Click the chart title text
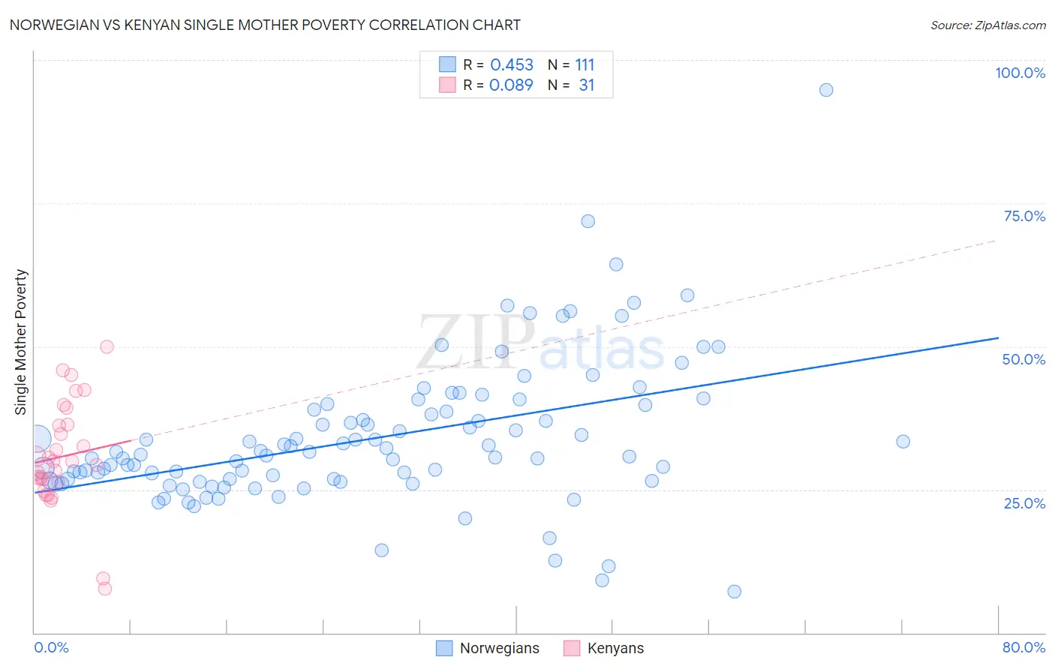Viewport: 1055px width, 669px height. click(265, 25)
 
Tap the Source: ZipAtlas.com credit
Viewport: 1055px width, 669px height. click(987, 25)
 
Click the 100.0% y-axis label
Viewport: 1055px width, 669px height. click(1020, 73)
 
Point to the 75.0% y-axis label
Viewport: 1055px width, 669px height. click(1024, 216)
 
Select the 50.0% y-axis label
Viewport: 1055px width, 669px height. click(1023, 359)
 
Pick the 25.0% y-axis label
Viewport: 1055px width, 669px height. click(1024, 503)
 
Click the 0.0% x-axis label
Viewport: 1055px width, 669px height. click(51, 647)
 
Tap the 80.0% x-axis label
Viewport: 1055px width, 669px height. click(1023, 647)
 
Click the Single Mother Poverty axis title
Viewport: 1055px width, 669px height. click(21, 342)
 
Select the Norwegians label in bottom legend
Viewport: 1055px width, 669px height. click(499, 648)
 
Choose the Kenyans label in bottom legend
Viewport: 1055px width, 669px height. click(615, 648)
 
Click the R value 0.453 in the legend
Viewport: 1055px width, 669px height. click(512, 65)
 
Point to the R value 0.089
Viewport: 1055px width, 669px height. click(511, 85)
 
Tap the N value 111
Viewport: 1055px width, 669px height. click(585, 65)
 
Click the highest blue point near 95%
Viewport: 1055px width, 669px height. click(826, 90)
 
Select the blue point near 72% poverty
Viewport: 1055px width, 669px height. click(588, 221)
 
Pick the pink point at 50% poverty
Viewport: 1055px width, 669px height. click(107, 346)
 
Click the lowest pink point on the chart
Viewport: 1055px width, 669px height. click(105, 589)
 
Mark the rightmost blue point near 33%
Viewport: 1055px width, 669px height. click(903, 442)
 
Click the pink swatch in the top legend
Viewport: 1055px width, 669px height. click(447, 85)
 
